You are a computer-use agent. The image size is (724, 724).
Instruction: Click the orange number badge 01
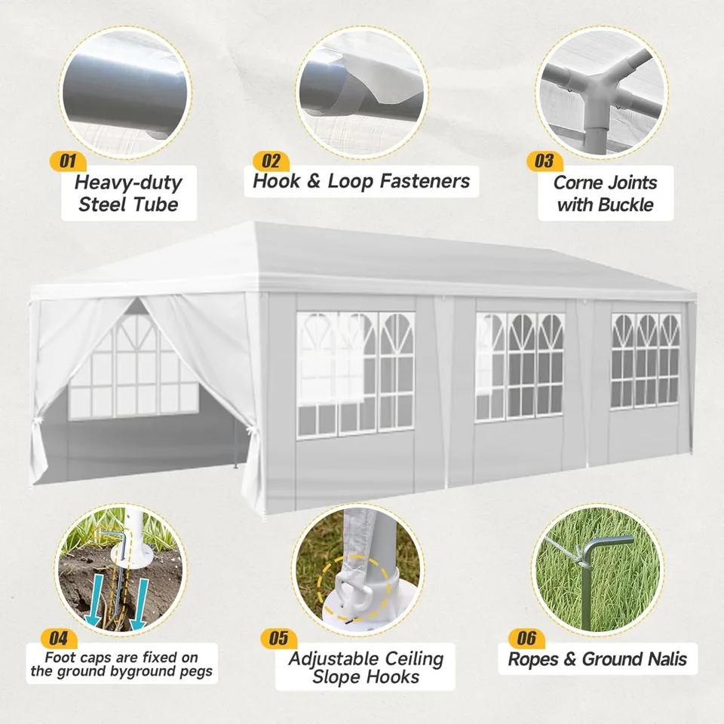(x=68, y=161)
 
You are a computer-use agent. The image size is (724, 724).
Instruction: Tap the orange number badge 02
(x=271, y=161)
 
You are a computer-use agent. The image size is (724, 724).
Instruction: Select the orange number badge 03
(x=545, y=161)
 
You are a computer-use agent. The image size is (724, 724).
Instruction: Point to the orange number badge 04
(x=59, y=639)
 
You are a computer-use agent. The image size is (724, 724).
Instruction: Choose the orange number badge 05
(x=279, y=639)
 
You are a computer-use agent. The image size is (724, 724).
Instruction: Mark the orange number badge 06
(x=526, y=639)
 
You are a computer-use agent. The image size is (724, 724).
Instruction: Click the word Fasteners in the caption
(x=425, y=181)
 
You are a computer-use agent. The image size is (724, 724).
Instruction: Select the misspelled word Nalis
(x=665, y=659)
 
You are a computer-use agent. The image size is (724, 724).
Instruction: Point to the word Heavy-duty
(x=128, y=183)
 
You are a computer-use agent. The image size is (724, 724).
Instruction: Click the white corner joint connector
(x=600, y=95)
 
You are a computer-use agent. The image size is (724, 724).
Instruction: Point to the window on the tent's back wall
(x=134, y=367)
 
